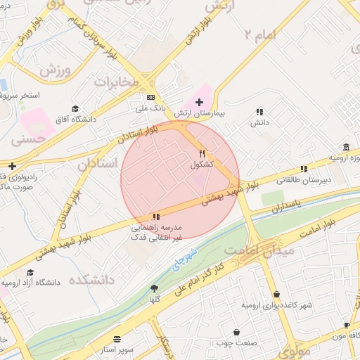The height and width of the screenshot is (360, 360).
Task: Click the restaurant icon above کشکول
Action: (x=202, y=153)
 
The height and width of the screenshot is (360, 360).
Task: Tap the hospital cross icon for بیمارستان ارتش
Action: (x=199, y=102)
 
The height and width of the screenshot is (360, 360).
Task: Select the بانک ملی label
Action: (x=150, y=109)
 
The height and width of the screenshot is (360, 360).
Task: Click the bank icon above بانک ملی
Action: (x=150, y=98)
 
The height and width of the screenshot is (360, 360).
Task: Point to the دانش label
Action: (x=260, y=123)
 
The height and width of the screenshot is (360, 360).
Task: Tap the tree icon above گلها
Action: (x=154, y=288)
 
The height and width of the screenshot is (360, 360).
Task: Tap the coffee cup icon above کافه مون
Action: (x=347, y=325)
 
